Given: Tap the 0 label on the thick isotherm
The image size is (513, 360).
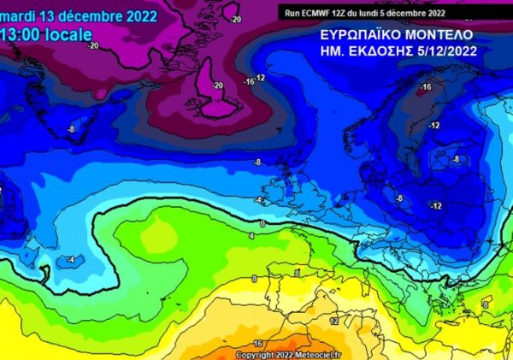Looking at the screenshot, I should (x=263, y=223).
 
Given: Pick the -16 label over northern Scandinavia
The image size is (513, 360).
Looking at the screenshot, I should (x=425, y=87).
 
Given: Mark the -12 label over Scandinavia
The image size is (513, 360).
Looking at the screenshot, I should (x=434, y=125).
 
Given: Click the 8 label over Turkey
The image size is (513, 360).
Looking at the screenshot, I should (x=486, y=304).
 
